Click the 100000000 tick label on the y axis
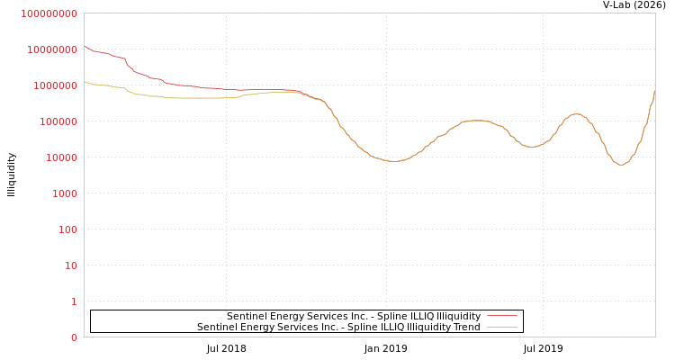pyautogui.click(x=49, y=13)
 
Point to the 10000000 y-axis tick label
pyautogui.click(x=52, y=49)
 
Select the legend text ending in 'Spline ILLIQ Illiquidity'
pyautogui.click(x=354, y=316)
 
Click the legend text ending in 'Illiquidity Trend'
pyautogui.click(x=338, y=327)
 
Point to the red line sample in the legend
pyautogui.click(x=501, y=316)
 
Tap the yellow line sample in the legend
pyautogui.click(x=501, y=327)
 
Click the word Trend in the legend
pyautogui.click(x=466, y=327)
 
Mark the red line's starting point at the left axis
pyautogui.click(x=85, y=46)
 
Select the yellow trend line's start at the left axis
pyautogui.click(x=85, y=82)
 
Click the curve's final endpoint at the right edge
pyautogui.click(x=654, y=90)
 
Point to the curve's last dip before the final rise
pyautogui.click(x=621, y=165)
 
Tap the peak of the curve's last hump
pyautogui.click(x=576, y=114)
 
